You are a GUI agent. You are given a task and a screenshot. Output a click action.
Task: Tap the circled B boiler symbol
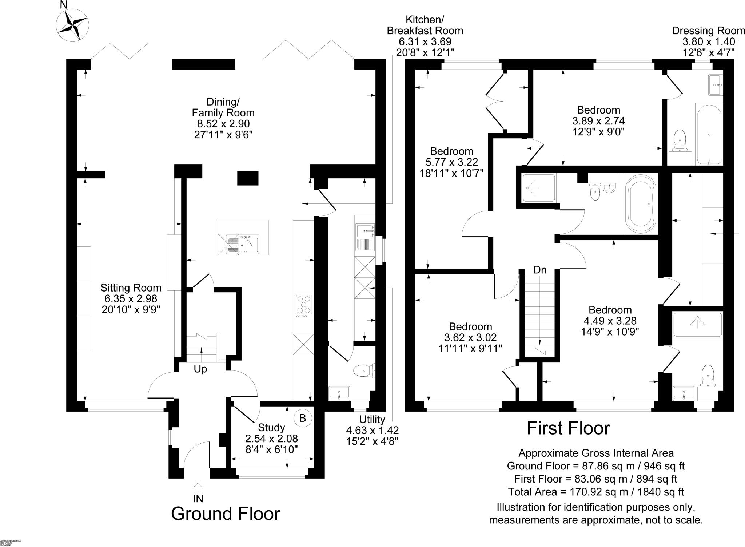tap(303, 418)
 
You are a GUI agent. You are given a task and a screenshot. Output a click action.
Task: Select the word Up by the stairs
tap(200, 369)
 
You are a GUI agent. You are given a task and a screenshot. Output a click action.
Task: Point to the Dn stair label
tap(540, 270)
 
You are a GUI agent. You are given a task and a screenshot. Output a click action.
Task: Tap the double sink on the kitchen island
tap(243, 243)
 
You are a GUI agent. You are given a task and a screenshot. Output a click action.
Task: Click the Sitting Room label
tap(131, 288)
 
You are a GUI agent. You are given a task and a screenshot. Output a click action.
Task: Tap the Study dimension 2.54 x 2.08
tap(271, 438)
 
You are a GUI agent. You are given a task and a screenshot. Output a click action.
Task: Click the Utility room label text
tap(372, 419)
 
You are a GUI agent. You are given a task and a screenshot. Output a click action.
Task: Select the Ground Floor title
tap(226, 514)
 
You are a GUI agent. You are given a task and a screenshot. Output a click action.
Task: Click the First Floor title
tap(568, 428)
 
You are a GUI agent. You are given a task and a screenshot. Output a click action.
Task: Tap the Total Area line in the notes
tap(595, 492)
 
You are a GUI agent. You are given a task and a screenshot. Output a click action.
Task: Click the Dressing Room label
tap(708, 31)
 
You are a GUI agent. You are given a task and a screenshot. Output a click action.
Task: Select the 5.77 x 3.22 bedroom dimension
tap(451, 162)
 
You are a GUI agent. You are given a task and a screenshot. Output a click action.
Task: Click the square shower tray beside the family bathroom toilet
tap(539, 188)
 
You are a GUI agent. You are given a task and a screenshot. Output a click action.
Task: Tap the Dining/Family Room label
tap(223, 107)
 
